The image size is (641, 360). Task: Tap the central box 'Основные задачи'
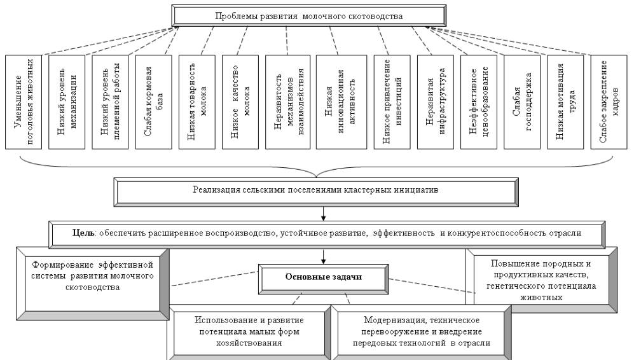coord(324,275)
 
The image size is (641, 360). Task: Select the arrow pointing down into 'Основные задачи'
coord(324,255)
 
